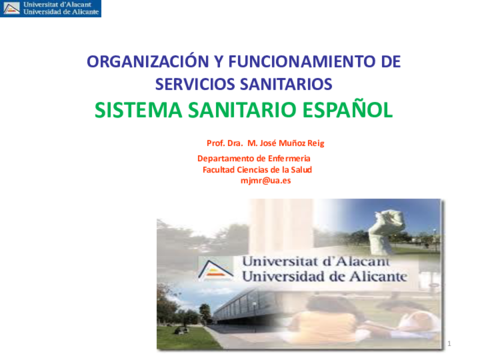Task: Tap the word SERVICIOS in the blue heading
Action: coord(195,83)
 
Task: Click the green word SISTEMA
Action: coord(140,110)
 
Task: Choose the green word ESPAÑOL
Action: coord(346,110)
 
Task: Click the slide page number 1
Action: coord(451,343)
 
